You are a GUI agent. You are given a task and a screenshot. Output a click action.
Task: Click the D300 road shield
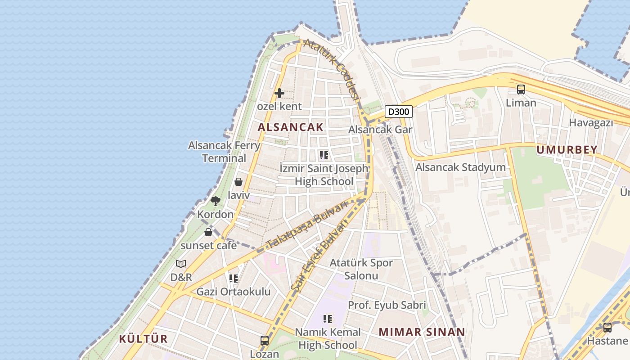pos(399,112)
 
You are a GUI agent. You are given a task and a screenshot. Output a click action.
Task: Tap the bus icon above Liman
pos(521,90)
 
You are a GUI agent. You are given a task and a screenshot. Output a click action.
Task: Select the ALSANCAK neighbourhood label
pos(290,127)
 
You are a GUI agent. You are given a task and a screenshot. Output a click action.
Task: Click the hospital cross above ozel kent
pos(279,93)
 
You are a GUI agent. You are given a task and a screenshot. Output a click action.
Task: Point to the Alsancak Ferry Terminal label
pos(224,152)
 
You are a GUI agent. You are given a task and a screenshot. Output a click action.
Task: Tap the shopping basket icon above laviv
pos(238,182)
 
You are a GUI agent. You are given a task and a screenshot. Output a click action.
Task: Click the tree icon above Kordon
pos(215,201)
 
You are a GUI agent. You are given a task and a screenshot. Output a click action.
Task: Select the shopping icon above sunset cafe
pos(208,232)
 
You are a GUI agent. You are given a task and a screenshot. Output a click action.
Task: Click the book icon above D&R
pos(181,264)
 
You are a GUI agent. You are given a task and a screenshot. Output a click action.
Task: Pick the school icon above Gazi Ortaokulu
pos(233,279)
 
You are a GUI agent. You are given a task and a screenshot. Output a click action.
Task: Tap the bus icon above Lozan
pos(265,341)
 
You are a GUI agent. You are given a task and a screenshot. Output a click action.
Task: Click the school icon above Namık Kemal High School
pos(328,319)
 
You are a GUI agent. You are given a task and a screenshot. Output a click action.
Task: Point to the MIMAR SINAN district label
pos(422,332)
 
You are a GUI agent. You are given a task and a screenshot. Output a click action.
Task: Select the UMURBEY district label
pos(567,150)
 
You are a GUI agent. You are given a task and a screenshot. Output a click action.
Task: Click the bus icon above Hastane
pos(607,327)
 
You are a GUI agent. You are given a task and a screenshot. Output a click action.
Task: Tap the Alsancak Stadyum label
pos(460,167)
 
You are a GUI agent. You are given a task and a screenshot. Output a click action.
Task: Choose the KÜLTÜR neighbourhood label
pos(143,339)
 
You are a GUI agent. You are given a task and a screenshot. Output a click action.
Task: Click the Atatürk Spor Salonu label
pos(361,269)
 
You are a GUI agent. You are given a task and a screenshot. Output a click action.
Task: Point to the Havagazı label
pos(591,122)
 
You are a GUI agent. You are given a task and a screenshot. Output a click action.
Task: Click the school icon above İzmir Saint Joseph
pos(324,156)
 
